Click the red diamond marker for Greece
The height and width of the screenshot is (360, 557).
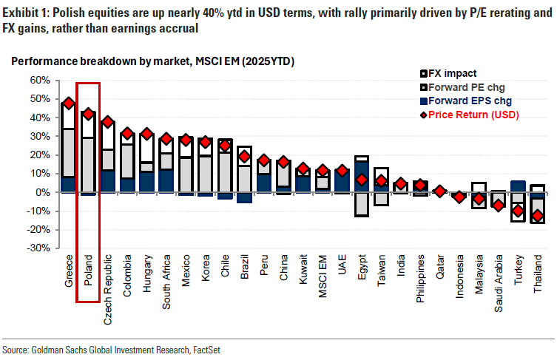click(69, 103)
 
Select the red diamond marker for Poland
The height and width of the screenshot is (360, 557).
click(88, 114)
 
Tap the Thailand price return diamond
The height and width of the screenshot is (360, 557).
click(537, 216)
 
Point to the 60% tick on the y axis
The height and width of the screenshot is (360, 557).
click(39, 80)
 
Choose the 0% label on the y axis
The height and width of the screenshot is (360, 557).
click(42, 192)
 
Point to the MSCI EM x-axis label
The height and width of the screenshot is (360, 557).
click(323, 276)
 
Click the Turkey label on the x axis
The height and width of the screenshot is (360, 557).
click(518, 271)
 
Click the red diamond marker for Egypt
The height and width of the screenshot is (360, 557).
click(361, 180)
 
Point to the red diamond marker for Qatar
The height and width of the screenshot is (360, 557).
click(439, 191)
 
